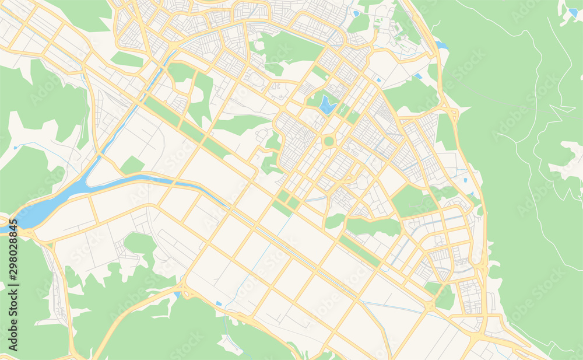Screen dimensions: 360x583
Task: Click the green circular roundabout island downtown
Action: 329,141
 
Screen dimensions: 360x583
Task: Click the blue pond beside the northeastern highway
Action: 441,45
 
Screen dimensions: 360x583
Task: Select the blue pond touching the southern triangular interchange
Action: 177,295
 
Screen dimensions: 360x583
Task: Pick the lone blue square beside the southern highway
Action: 219,303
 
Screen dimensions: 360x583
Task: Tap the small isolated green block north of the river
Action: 132,166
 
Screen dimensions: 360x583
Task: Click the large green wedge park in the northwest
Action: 82,15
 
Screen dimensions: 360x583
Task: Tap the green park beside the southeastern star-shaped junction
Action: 444,298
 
